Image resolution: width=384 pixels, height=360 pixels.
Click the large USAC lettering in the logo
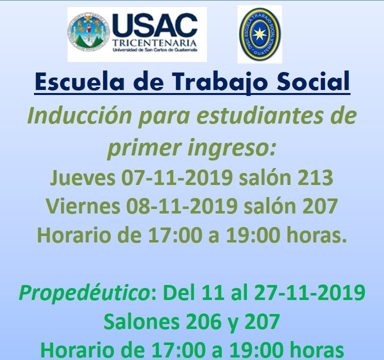(155, 25)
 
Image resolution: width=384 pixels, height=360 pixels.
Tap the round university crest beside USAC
(88, 31)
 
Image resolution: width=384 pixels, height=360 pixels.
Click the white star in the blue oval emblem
(259, 34)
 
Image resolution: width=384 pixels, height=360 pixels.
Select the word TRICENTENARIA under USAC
(155, 43)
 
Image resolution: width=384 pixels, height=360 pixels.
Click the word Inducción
(79, 115)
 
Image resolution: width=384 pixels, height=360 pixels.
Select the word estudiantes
(259, 115)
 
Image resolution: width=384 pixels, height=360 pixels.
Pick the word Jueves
(82, 177)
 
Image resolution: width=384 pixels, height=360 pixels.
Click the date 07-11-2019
(177, 177)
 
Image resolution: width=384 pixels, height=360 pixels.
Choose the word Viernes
(83, 206)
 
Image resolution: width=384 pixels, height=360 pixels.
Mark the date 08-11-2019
(181, 206)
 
